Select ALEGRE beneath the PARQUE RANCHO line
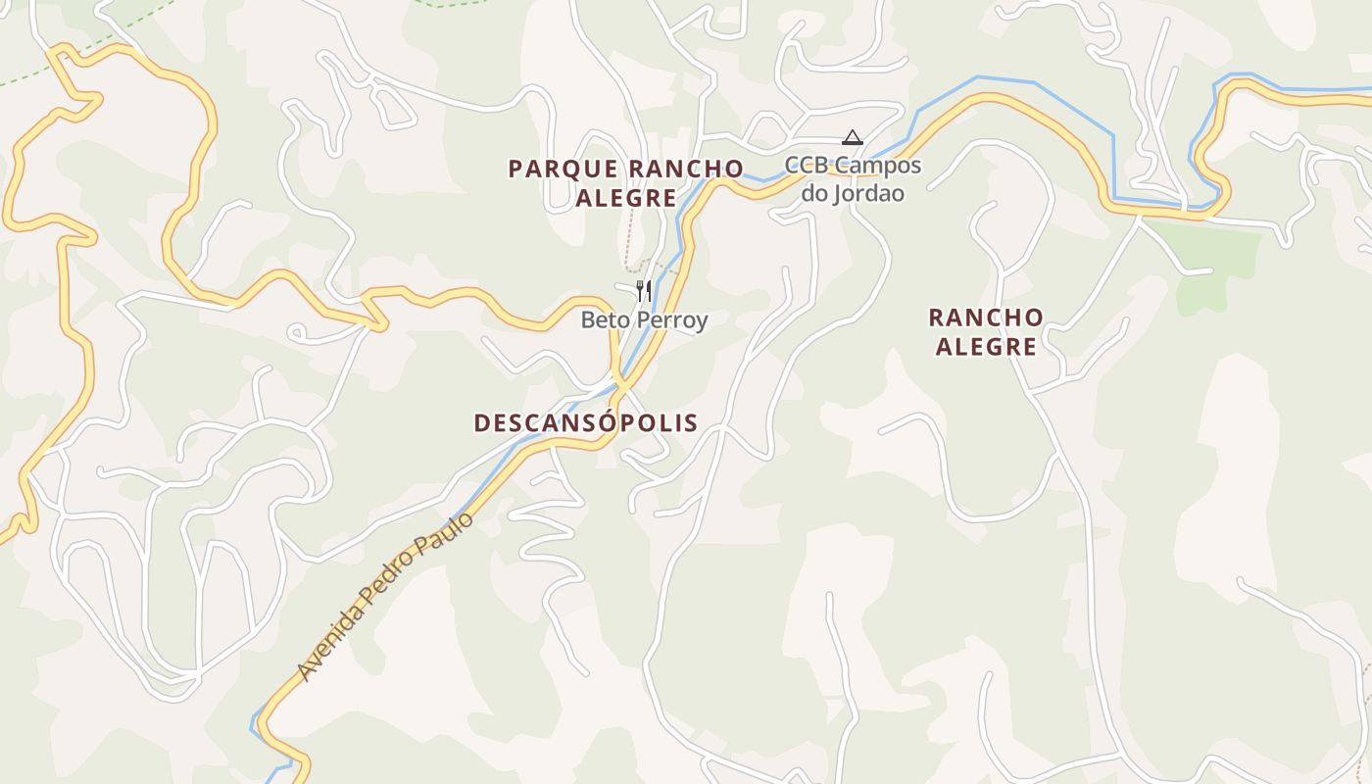[626, 198]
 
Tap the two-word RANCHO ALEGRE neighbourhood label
[986, 332]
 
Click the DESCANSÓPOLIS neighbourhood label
[586, 423]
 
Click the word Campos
[880, 165]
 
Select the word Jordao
[868, 193]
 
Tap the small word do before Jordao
[815, 193]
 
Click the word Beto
[605, 320]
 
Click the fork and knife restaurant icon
[644, 290]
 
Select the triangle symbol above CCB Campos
[853, 138]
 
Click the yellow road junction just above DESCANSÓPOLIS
[618, 380]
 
